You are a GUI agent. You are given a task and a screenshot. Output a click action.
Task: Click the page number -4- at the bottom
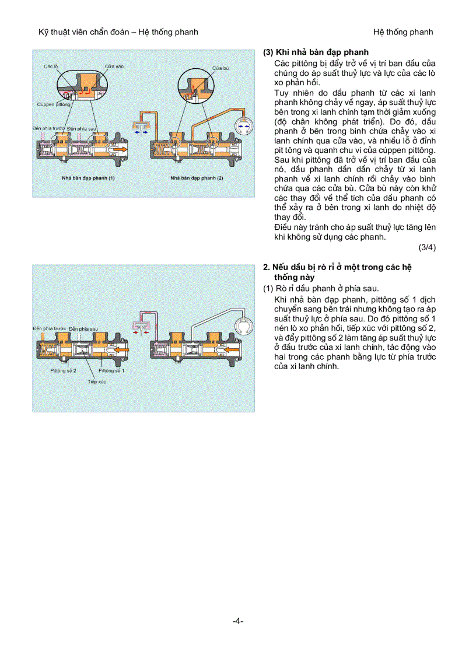click(237, 621)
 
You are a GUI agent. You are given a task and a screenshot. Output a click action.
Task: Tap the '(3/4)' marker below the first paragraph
click(426, 247)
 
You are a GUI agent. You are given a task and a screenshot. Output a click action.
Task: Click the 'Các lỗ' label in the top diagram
click(51, 66)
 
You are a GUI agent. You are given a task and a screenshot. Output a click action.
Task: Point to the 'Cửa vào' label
click(114, 66)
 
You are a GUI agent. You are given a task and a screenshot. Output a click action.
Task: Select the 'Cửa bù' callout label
click(220, 68)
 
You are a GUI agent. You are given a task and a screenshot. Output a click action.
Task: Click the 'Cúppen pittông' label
click(54, 105)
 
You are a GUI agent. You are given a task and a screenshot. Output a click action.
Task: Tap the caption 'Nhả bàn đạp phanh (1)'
click(89, 177)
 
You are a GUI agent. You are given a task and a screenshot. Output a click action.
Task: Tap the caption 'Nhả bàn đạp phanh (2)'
click(197, 177)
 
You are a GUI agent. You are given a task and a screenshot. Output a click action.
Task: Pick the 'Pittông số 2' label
click(63, 370)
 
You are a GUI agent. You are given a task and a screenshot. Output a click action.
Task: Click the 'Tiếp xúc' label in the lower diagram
click(96, 381)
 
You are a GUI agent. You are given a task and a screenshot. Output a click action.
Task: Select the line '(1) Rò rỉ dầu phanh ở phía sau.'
click(320, 288)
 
